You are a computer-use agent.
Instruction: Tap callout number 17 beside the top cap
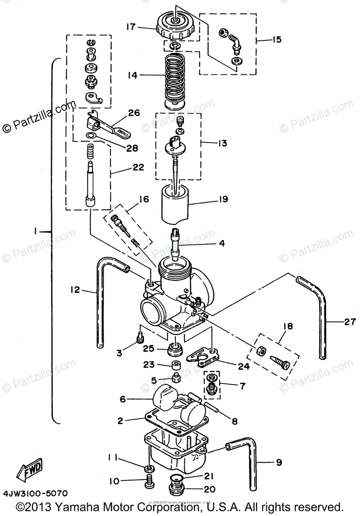(131, 27)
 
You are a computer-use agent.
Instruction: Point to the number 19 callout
(223, 199)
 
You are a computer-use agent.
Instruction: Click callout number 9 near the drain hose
(278, 463)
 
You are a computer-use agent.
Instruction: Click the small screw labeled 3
(139, 340)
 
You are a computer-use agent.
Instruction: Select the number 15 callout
(276, 40)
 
